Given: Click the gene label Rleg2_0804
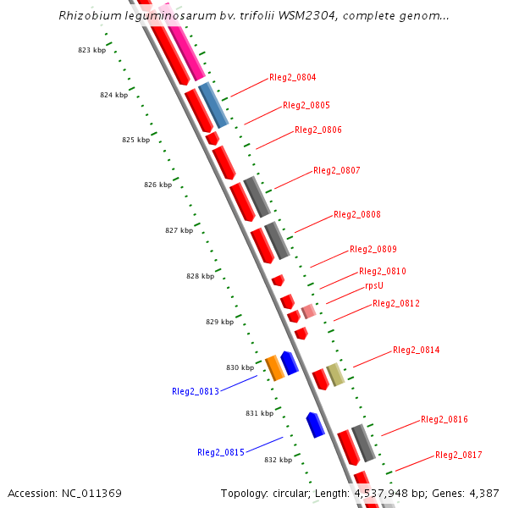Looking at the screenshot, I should pos(292,78).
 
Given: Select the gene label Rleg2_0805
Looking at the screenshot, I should pos(306,106).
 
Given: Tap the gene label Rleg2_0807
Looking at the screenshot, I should pos(336,171).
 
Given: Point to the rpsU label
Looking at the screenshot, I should pos(374,286).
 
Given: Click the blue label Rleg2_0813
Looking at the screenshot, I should pos(196,391).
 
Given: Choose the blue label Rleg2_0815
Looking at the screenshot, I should pos(221,452).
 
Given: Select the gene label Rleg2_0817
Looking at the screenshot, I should pos(458,456).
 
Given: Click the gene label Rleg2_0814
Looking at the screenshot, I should pos(416,351).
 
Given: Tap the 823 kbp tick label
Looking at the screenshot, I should pos(91,51).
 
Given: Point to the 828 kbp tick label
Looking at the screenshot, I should pos(201,277).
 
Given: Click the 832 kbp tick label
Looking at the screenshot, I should pos(278,460).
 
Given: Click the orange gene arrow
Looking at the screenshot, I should pos(274,368).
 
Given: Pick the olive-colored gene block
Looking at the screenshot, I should pos(335,374).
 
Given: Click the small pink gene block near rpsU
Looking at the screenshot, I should pos(309,312).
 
